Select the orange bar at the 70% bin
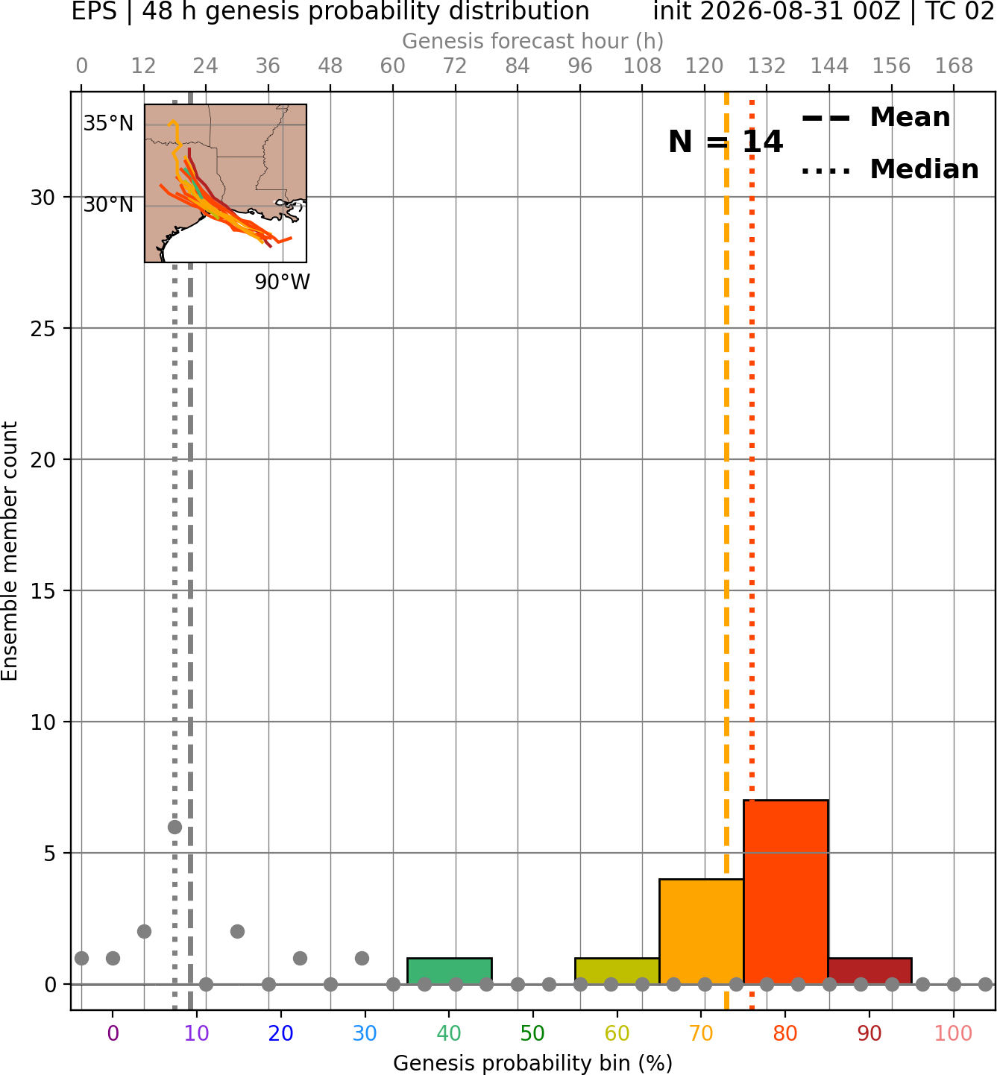701,931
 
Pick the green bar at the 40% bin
449,971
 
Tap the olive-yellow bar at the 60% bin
617,971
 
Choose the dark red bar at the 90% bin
869,971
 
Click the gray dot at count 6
174,827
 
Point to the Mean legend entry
875,118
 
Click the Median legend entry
890,169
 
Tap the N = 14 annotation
726,142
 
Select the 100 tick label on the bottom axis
954,1033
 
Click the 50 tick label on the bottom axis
532,1033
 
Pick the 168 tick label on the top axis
954,66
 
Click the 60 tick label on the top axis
393,66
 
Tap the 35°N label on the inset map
108,124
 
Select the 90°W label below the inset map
282,282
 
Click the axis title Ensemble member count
9,551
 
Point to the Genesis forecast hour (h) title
532,41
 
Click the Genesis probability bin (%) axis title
532,1063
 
